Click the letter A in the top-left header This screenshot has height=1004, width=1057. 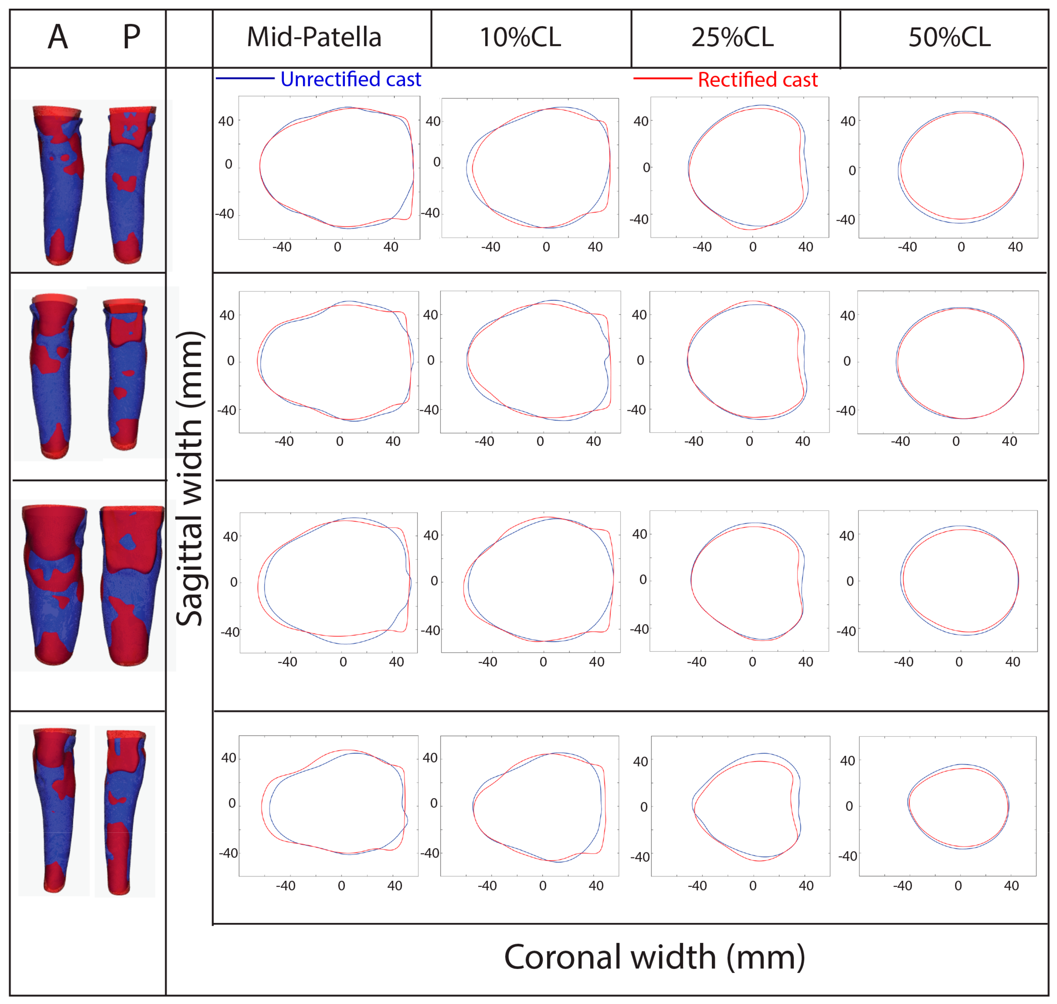coord(58,38)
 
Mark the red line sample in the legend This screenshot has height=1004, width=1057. coord(662,79)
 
